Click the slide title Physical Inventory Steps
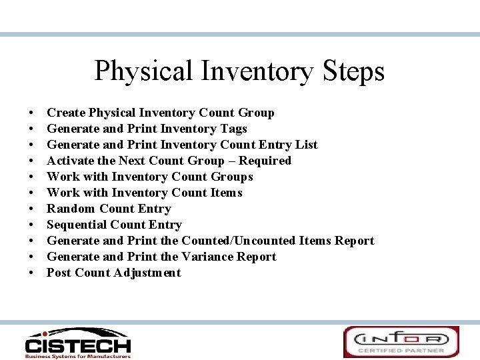pos(239,71)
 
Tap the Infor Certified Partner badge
pos(401,341)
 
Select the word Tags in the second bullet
pos(233,129)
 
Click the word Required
pos(265,161)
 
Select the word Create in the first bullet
pos(65,113)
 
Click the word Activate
pos(70,161)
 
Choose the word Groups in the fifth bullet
pos(231,177)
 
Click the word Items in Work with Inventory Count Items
pos(226,193)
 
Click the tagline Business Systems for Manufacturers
pos(77,356)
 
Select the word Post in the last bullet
pos(59,273)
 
